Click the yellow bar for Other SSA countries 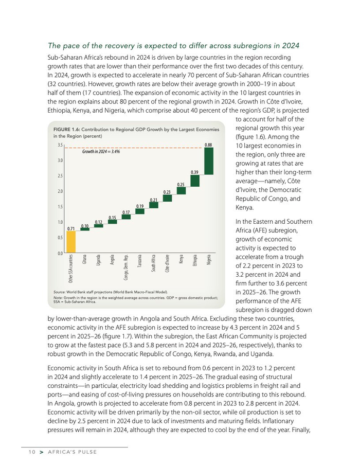click(71, 242)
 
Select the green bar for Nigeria click(209, 162)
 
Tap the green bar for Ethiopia click(195, 181)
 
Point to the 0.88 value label click(208, 145)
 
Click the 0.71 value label click(71, 227)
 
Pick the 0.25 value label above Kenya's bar click(181, 184)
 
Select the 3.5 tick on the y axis click(60, 146)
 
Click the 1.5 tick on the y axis click(60, 207)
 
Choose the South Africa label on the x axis click(154, 264)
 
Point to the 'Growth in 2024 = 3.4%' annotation click(101, 153)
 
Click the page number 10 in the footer click(32, 452)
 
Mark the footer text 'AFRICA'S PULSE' click(72, 452)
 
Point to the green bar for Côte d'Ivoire click(167, 198)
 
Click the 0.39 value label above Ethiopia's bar click(195, 172)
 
